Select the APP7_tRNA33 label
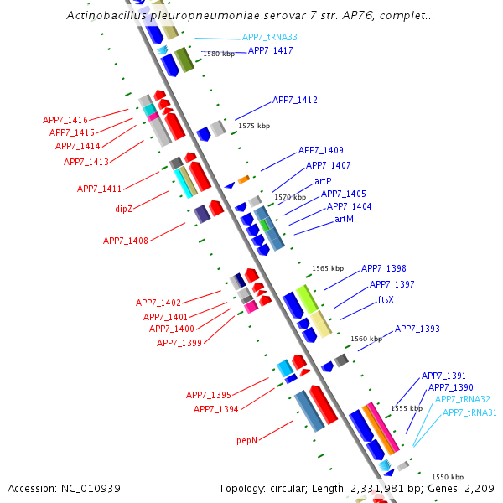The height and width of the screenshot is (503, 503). (x=269, y=38)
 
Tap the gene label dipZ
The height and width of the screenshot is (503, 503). (x=124, y=208)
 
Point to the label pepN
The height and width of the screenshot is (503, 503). (x=247, y=439)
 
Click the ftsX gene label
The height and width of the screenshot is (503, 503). (x=386, y=299)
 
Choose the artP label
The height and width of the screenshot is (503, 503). (x=323, y=181)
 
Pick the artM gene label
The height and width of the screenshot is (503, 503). (x=344, y=219)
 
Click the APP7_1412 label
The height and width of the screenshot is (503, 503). (x=295, y=101)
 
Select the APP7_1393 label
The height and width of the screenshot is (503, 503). (x=417, y=329)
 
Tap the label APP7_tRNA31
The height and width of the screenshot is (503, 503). (x=469, y=412)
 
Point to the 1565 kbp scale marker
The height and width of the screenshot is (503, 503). (x=328, y=269)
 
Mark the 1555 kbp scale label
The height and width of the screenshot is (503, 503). (x=407, y=408)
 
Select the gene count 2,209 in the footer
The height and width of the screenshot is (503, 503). (x=479, y=488)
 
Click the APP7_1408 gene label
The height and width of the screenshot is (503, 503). (x=126, y=241)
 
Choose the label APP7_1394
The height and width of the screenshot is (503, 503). (x=216, y=409)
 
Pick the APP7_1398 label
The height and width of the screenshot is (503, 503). (x=384, y=269)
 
